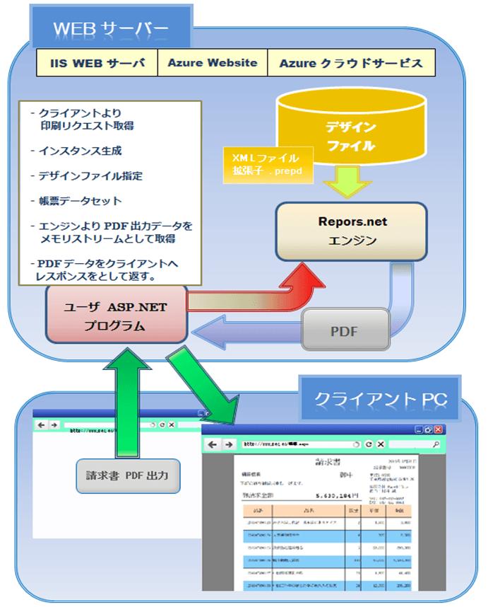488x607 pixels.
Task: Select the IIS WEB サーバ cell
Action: coord(96,63)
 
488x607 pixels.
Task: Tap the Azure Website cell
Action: coord(213,63)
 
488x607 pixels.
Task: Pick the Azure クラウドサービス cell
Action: coord(351,63)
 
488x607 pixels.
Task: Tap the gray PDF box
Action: coord(345,330)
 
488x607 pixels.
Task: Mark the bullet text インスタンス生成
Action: coord(80,151)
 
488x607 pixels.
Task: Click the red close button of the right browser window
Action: coord(439,429)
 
